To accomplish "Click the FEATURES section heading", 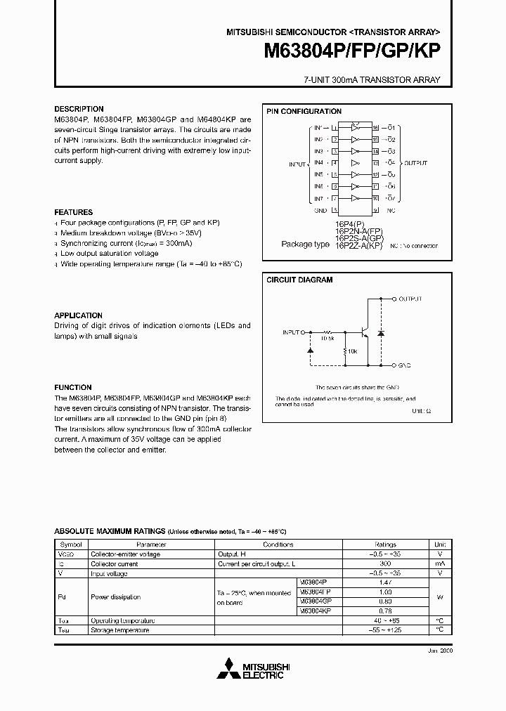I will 74,212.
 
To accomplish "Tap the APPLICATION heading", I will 79,316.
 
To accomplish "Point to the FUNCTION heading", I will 73,387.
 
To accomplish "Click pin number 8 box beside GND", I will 335,210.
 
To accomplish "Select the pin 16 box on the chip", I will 376,128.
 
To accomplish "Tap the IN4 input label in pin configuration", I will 318,163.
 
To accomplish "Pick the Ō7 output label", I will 392,198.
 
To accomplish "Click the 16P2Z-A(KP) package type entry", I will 359,246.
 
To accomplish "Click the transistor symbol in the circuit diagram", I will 364,332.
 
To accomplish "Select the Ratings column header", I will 385,544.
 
